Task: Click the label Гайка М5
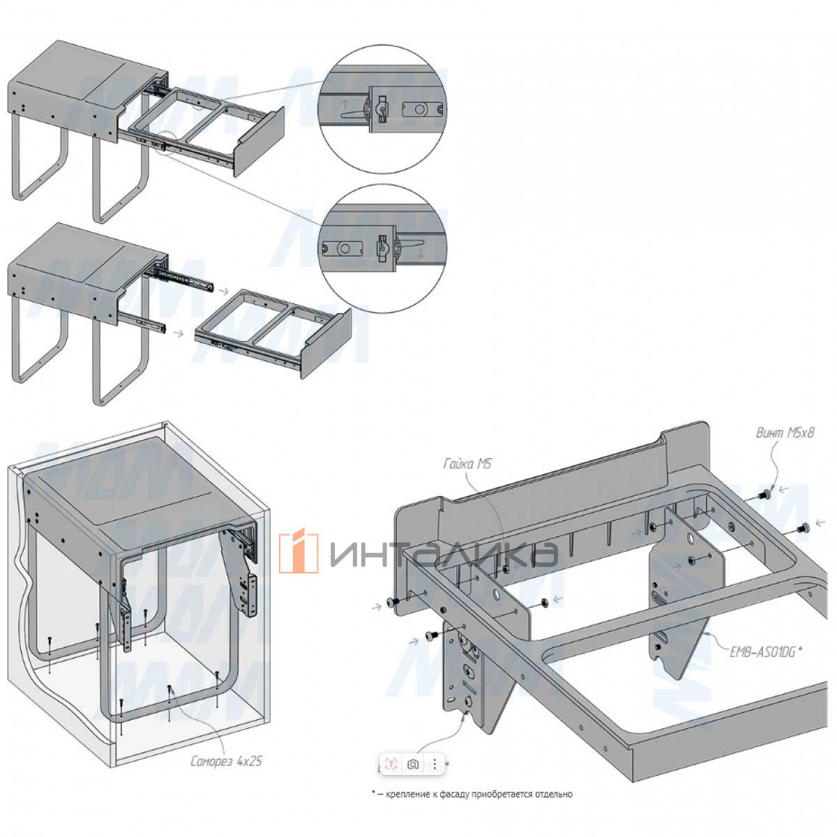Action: pyautogui.click(x=468, y=463)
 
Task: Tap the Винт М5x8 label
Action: pyautogui.click(x=786, y=432)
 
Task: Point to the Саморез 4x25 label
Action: pyautogui.click(x=226, y=761)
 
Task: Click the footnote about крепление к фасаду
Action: pyautogui.click(x=472, y=794)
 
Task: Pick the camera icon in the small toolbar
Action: pyautogui.click(x=413, y=764)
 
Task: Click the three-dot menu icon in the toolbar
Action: pyautogui.click(x=435, y=764)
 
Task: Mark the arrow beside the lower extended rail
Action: pyautogui.click(x=179, y=333)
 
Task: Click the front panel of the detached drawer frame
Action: pyautogui.click(x=325, y=346)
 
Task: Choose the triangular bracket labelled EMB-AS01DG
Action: pyautogui.click(x=677, y=614)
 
